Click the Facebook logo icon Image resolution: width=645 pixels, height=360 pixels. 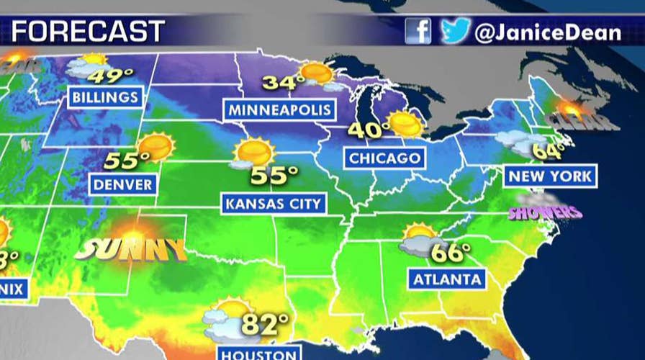pyautogui.click(x=418, y=31)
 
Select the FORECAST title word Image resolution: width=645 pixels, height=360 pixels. pyautogui.click(x=89, y=32)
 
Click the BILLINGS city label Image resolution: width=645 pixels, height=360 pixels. pyautogui.click(x=105, y=97)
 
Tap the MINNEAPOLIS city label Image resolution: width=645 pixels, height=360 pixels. pyautogui.click(x=281, y=110)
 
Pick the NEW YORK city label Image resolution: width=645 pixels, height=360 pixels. pyautogui.click(x=550, y=175)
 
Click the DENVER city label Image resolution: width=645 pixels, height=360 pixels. pyautogui.click(x=123, y=184)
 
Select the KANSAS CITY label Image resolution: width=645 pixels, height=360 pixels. pyautogui.click(x=273, y=204)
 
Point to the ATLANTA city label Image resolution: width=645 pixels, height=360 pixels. pyautogui.click(x=446, y=277)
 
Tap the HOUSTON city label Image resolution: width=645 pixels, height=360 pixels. pyautogui.click(x=258, y=353)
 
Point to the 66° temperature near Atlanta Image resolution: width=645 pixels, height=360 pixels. pyautogui.click(x=451, y=251)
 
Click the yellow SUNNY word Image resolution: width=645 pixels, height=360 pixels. pyautogui.click(x=130, y=249)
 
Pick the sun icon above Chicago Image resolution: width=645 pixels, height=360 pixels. pyautogui.click(x=405, y=125)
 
